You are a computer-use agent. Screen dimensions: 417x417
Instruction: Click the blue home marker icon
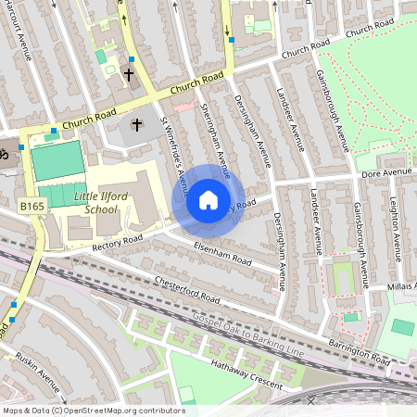pyautogui.click(x=208, y=199)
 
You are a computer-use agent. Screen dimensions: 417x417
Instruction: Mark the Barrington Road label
pyautogui.click(x=360, y=351)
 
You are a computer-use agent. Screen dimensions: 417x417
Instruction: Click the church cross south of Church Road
pyautogui.click(x=138, y=123)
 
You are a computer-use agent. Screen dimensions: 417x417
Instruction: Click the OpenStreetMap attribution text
pyautogui.click(x=93, y=410)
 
